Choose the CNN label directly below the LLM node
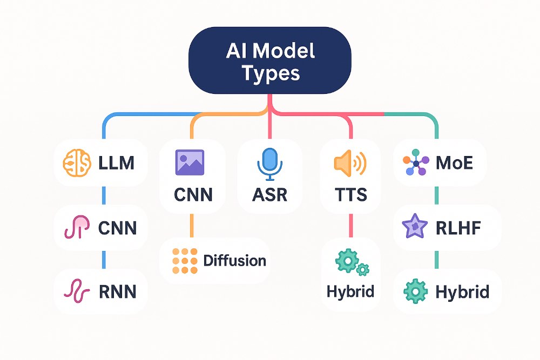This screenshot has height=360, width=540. [x=117, y=228]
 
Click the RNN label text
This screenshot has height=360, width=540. [x=117, y=292]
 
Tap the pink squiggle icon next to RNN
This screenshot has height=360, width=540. [x=76, y=291]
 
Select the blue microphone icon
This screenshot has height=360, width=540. [x=269, y=162]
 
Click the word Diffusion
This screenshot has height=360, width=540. [x=234, y=261]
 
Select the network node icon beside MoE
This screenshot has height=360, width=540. [x=416, y=162]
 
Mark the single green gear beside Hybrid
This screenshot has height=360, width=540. [x=416, y=292]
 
